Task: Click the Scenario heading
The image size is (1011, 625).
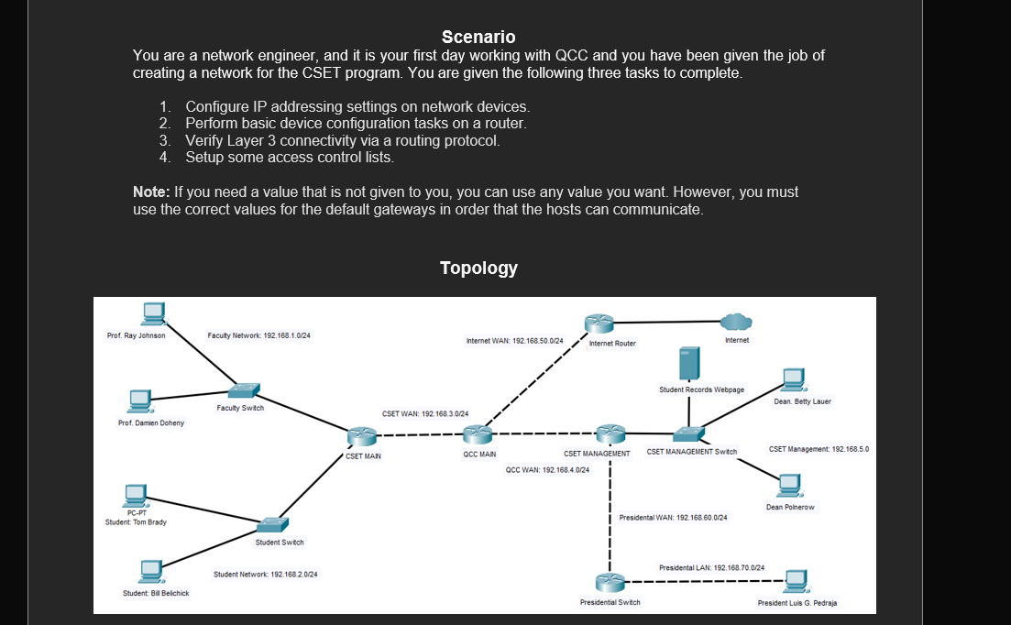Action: pos(478,37)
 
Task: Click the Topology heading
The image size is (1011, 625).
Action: pos(478,268)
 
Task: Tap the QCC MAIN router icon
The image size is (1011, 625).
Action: pos(478,435)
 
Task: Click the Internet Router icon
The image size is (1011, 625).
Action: pos(600,323)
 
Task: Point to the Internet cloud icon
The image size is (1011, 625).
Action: pos(735,322)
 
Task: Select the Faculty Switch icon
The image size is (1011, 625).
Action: pos(244,390)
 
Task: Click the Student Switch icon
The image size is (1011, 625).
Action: pos(271,525)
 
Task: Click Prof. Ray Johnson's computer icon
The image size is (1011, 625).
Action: pos(153,313)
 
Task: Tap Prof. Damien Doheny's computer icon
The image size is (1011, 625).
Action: pos(139,400)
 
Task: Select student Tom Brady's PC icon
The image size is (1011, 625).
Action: pos(137,496)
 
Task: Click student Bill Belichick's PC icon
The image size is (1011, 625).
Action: pos(148,571)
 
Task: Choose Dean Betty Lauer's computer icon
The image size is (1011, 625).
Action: pos(793,378)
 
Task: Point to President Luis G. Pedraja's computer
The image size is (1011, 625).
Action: pos(795,579)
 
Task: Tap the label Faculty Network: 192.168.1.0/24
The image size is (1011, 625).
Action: pos(259,336)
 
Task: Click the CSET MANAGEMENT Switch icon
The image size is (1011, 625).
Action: pos(687,433)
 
